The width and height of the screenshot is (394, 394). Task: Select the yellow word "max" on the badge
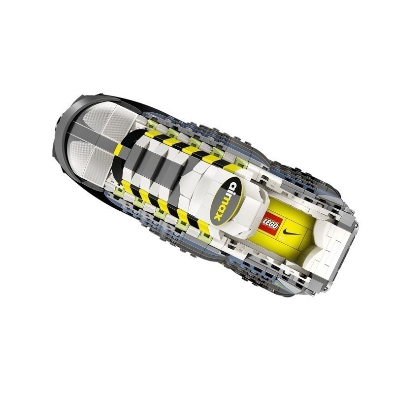point(220,206)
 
